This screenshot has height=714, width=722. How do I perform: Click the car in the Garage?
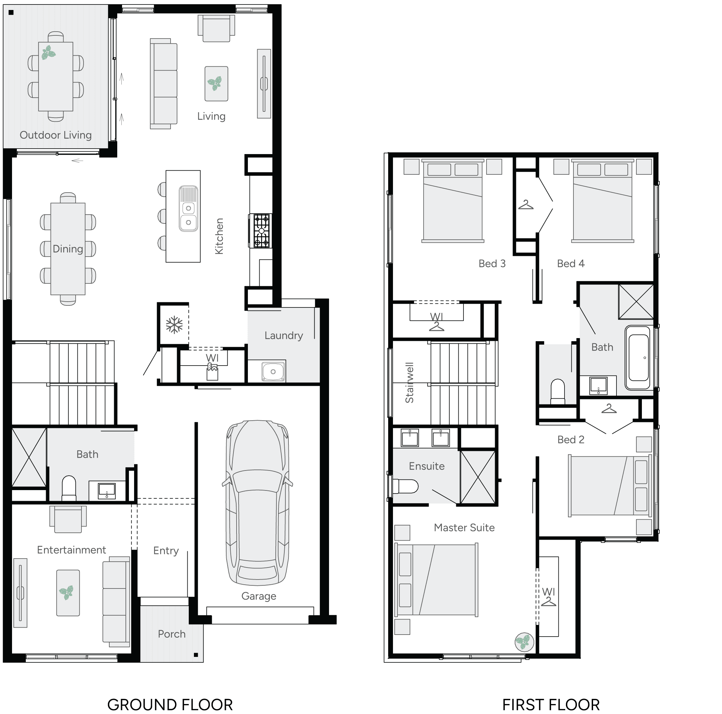coord(258,503)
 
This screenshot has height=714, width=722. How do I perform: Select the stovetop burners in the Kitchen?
coord(261,231)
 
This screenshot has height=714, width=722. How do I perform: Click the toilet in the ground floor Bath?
coord(69,487)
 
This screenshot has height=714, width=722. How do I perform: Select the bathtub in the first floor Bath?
coord(639,357)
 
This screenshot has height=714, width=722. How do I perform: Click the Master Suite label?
coord(464,528)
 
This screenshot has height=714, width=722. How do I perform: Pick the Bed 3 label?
coord(492,263)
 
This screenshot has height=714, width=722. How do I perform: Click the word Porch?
coord(172,634)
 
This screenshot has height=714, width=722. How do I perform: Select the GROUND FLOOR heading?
coord(170,705)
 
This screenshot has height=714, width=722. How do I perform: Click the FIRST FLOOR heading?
coord(551,705)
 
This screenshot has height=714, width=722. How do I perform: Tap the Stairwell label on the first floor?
coord(409,382)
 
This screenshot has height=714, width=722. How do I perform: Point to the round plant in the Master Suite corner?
coord(524,642)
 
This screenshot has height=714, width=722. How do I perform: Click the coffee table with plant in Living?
coord(216,84)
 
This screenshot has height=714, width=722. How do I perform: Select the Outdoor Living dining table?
coord(56,76)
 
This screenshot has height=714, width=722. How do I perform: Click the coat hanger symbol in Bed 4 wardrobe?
coord(525,205)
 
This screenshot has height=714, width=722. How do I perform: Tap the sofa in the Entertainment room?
coord(116,602)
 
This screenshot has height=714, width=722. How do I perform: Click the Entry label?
coord(166,550)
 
